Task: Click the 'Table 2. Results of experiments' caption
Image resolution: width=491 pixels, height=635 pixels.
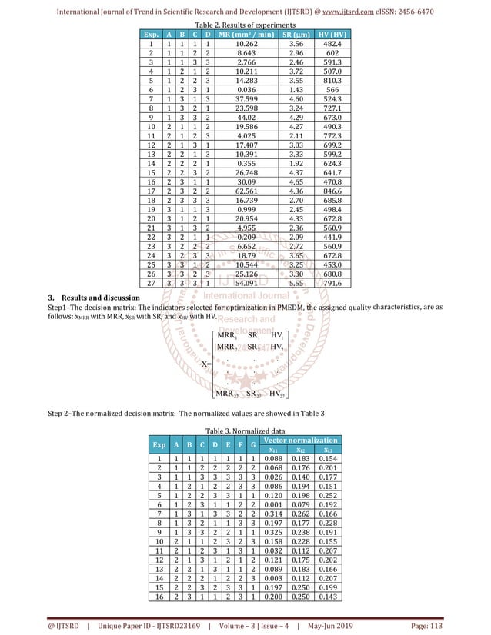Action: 245,25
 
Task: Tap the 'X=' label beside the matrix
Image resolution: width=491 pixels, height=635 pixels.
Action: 205,363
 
